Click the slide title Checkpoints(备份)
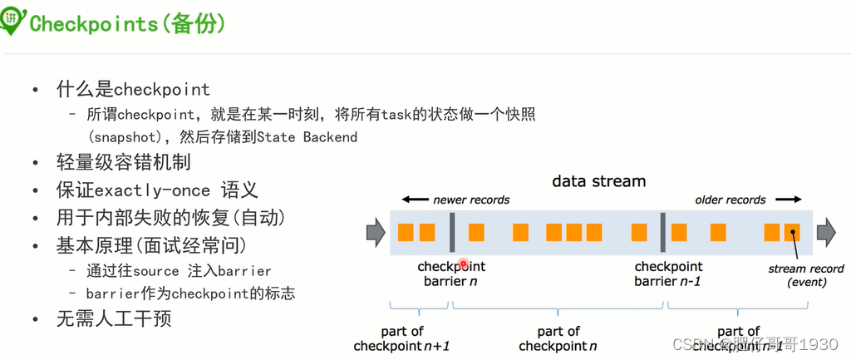(127, 23)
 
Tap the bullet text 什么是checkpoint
(132, 88)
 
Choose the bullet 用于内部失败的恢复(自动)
(170, 218)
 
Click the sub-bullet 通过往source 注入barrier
(179, 270)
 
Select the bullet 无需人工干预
(114, 318)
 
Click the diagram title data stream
(598, 180)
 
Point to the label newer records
(471, 200)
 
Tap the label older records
(730, 200)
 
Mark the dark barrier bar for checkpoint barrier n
(451, 232)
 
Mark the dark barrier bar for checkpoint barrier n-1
(662, 232)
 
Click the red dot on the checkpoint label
(464, 265)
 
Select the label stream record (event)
(804, 275)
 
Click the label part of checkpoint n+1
(402, 338)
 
